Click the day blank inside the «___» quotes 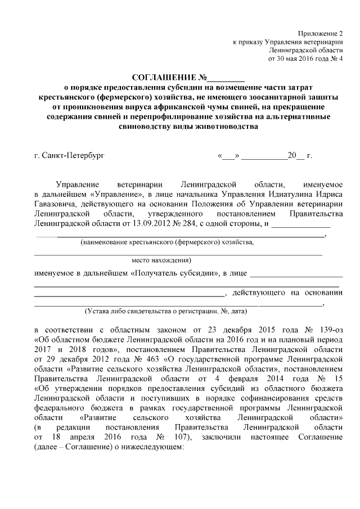point(229,154)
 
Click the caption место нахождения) point(161,260)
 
